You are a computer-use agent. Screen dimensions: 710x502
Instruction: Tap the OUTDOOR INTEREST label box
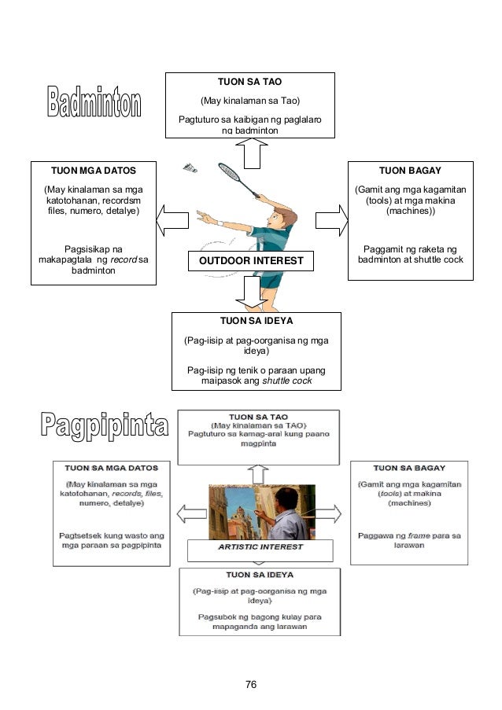(x=250, y=260)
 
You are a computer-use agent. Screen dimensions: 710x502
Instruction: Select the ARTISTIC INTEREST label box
(x=260, y=549)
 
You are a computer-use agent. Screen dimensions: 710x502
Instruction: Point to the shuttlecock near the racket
(x=190, y=167)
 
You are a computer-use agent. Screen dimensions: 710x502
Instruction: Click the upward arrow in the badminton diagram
(x=251, y=153)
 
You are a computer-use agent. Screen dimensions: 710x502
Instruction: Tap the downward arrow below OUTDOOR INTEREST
(x=251, y=292)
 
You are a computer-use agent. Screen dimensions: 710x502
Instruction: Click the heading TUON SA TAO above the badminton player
(x=249, y=82)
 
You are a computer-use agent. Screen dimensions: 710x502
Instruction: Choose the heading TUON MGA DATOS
(x=93, y=170)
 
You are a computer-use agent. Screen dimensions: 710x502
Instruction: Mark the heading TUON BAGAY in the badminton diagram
(x=410, y=170)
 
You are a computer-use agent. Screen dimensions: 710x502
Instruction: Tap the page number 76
(x=251, y=684)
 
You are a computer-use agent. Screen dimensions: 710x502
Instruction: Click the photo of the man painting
(x=261, y=511)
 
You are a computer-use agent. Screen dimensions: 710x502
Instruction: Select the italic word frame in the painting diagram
(x=418, y=535)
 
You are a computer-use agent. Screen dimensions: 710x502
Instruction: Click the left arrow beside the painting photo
(x=190, y=513)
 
